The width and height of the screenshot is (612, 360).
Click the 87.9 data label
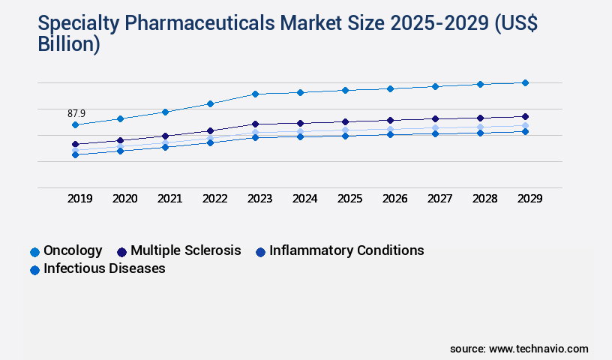point(76,113)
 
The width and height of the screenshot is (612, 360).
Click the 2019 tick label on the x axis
point(80,199)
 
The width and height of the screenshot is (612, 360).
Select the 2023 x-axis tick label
point(260,199)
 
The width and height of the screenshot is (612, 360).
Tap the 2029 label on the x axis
point(529,199)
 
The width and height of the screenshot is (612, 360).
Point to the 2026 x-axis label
point(394,199)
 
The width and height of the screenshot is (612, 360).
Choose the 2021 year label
point(170,199)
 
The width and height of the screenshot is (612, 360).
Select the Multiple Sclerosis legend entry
point(185,250)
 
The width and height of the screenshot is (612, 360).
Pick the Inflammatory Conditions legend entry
point(346,250)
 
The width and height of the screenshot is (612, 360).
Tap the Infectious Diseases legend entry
point(104,268)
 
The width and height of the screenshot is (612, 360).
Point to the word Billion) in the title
point(69,44)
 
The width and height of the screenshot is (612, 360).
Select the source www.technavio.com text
point(519,349)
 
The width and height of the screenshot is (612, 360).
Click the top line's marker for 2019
point(75,124)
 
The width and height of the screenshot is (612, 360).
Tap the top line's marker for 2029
point(525,82)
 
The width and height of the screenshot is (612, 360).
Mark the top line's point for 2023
point(255,94)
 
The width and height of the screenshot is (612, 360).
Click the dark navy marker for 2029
point(525,116)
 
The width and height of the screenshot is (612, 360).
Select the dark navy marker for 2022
point(210,130)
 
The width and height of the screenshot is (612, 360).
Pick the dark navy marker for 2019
point(75,144)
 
